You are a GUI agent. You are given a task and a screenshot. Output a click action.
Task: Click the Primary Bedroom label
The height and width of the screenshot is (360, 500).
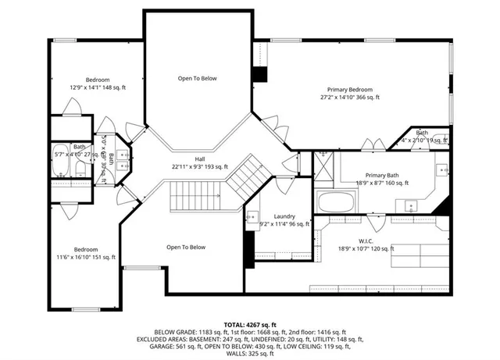click(x=350, y=90)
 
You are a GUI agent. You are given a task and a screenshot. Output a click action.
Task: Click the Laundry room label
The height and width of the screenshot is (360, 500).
click(x=284, y=216)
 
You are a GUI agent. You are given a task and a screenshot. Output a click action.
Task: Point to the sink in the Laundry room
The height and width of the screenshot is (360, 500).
click(x=252, y=216)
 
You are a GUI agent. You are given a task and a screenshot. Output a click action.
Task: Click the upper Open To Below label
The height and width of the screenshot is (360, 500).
click(x=197, y=78)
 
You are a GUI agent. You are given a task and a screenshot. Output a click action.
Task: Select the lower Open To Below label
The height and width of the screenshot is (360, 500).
click(x=186, y=247)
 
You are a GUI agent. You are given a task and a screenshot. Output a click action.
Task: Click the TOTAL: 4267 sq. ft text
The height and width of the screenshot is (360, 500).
click(x=250, y=323)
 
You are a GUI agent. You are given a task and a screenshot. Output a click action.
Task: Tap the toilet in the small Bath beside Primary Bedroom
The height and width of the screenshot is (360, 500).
click(x=443, y=141)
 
